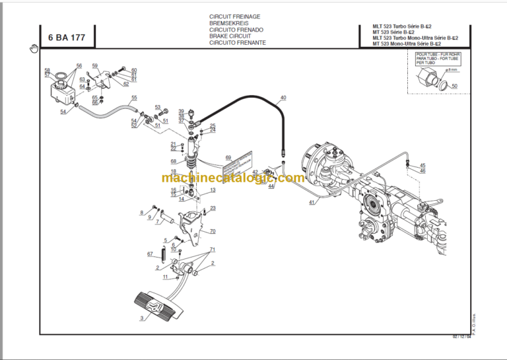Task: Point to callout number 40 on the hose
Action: tap(283, 98)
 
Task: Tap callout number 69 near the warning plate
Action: tap(228, 158)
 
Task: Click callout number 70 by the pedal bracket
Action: tap(213, 231)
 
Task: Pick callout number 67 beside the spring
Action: tap(149, 254)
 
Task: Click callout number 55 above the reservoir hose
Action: tap(134, 98)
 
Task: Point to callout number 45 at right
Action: tap(423, 165)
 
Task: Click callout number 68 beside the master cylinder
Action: tap(173, 162)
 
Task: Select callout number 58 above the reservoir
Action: tap(47, 70)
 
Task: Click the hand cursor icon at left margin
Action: tap(33, 48)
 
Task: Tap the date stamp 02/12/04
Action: tap(461, 337)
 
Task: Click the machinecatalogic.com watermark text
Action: tap(233, 178)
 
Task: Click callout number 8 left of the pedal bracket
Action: tap(141, 212)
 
